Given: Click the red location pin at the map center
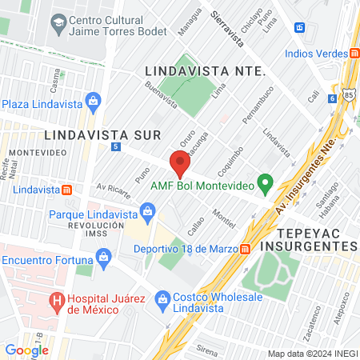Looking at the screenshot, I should click(180, 164).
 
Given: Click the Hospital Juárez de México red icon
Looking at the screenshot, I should click(56, 302).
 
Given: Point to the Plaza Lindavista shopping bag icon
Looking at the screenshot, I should click(94, 102).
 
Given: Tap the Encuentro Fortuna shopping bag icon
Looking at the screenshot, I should click(102, 258).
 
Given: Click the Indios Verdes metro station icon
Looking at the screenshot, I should click(354, 54).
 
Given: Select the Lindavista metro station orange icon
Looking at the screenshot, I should click(67, 190).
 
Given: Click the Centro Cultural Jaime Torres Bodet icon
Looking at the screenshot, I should click(58, 24).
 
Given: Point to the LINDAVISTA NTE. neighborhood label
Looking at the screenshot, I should click(205, 71).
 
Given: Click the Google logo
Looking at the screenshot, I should click(26, 350).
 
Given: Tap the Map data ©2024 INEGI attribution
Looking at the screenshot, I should click(312, 354).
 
